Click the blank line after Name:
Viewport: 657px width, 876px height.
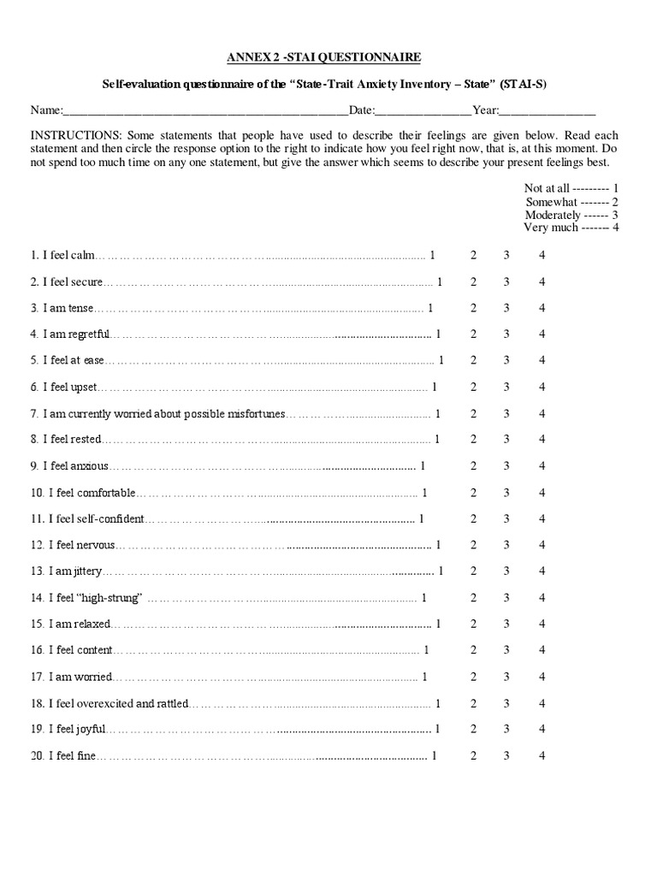(x=205, y=111)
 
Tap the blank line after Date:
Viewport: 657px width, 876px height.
(x=423, y=111)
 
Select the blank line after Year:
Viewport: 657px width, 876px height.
(x=547, y=111)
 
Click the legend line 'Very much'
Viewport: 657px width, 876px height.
(x=571, y=228)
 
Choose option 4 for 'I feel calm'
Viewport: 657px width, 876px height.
(x=542, y=255)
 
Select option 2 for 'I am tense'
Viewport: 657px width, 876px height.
(x=473, y=308)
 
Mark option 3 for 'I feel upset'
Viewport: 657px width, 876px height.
(x=506, y=387)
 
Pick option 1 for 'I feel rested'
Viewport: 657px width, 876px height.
(x=437, y=440)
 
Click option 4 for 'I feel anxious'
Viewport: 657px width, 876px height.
(x=542, y=466)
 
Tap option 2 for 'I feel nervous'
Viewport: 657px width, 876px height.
(x=473, y=545)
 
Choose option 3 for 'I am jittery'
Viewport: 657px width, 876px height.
(x=506, y=571)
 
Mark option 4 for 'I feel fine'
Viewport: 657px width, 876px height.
(x=542, y=755)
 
